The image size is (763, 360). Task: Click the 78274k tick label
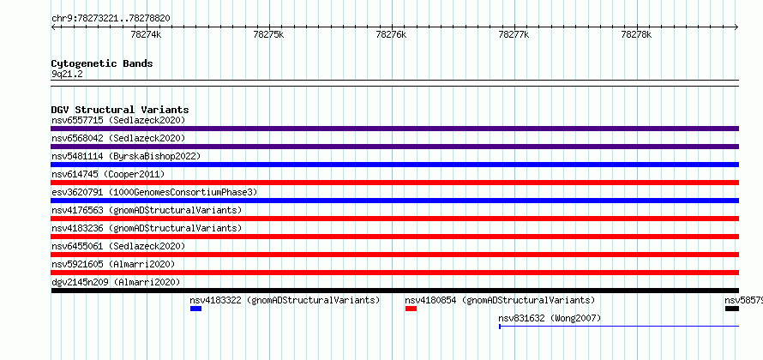tap(146, 35)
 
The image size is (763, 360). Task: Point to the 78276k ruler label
tap(391, 35)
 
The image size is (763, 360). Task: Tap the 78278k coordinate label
tap(636, 35)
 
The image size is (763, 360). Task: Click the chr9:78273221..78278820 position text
tap(111, 19)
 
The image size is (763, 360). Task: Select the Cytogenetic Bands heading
tap(102, 63)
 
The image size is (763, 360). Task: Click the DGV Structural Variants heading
tap(120, 110)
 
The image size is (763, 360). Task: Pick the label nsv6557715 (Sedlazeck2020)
tap(118, 120)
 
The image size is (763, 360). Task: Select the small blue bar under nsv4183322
tap(195, 309)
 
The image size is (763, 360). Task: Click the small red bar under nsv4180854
tap(411, 309)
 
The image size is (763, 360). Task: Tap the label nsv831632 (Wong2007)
tap(550, 319)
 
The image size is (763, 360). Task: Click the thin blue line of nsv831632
tap(619, 326)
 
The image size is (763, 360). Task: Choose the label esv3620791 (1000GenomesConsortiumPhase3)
tap(154, 192)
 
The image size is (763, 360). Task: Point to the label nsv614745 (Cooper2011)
tap(108, 174)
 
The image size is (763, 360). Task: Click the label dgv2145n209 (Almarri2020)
tap(116, 282)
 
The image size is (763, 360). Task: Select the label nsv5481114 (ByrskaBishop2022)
tap(126, 156)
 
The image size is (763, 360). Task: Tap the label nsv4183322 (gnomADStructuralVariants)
tap(285, 300)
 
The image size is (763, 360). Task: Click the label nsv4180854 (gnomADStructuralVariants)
tap(500, 300)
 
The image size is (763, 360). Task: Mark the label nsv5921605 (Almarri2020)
tap(113, 264)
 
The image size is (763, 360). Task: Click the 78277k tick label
tap(514, 35)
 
